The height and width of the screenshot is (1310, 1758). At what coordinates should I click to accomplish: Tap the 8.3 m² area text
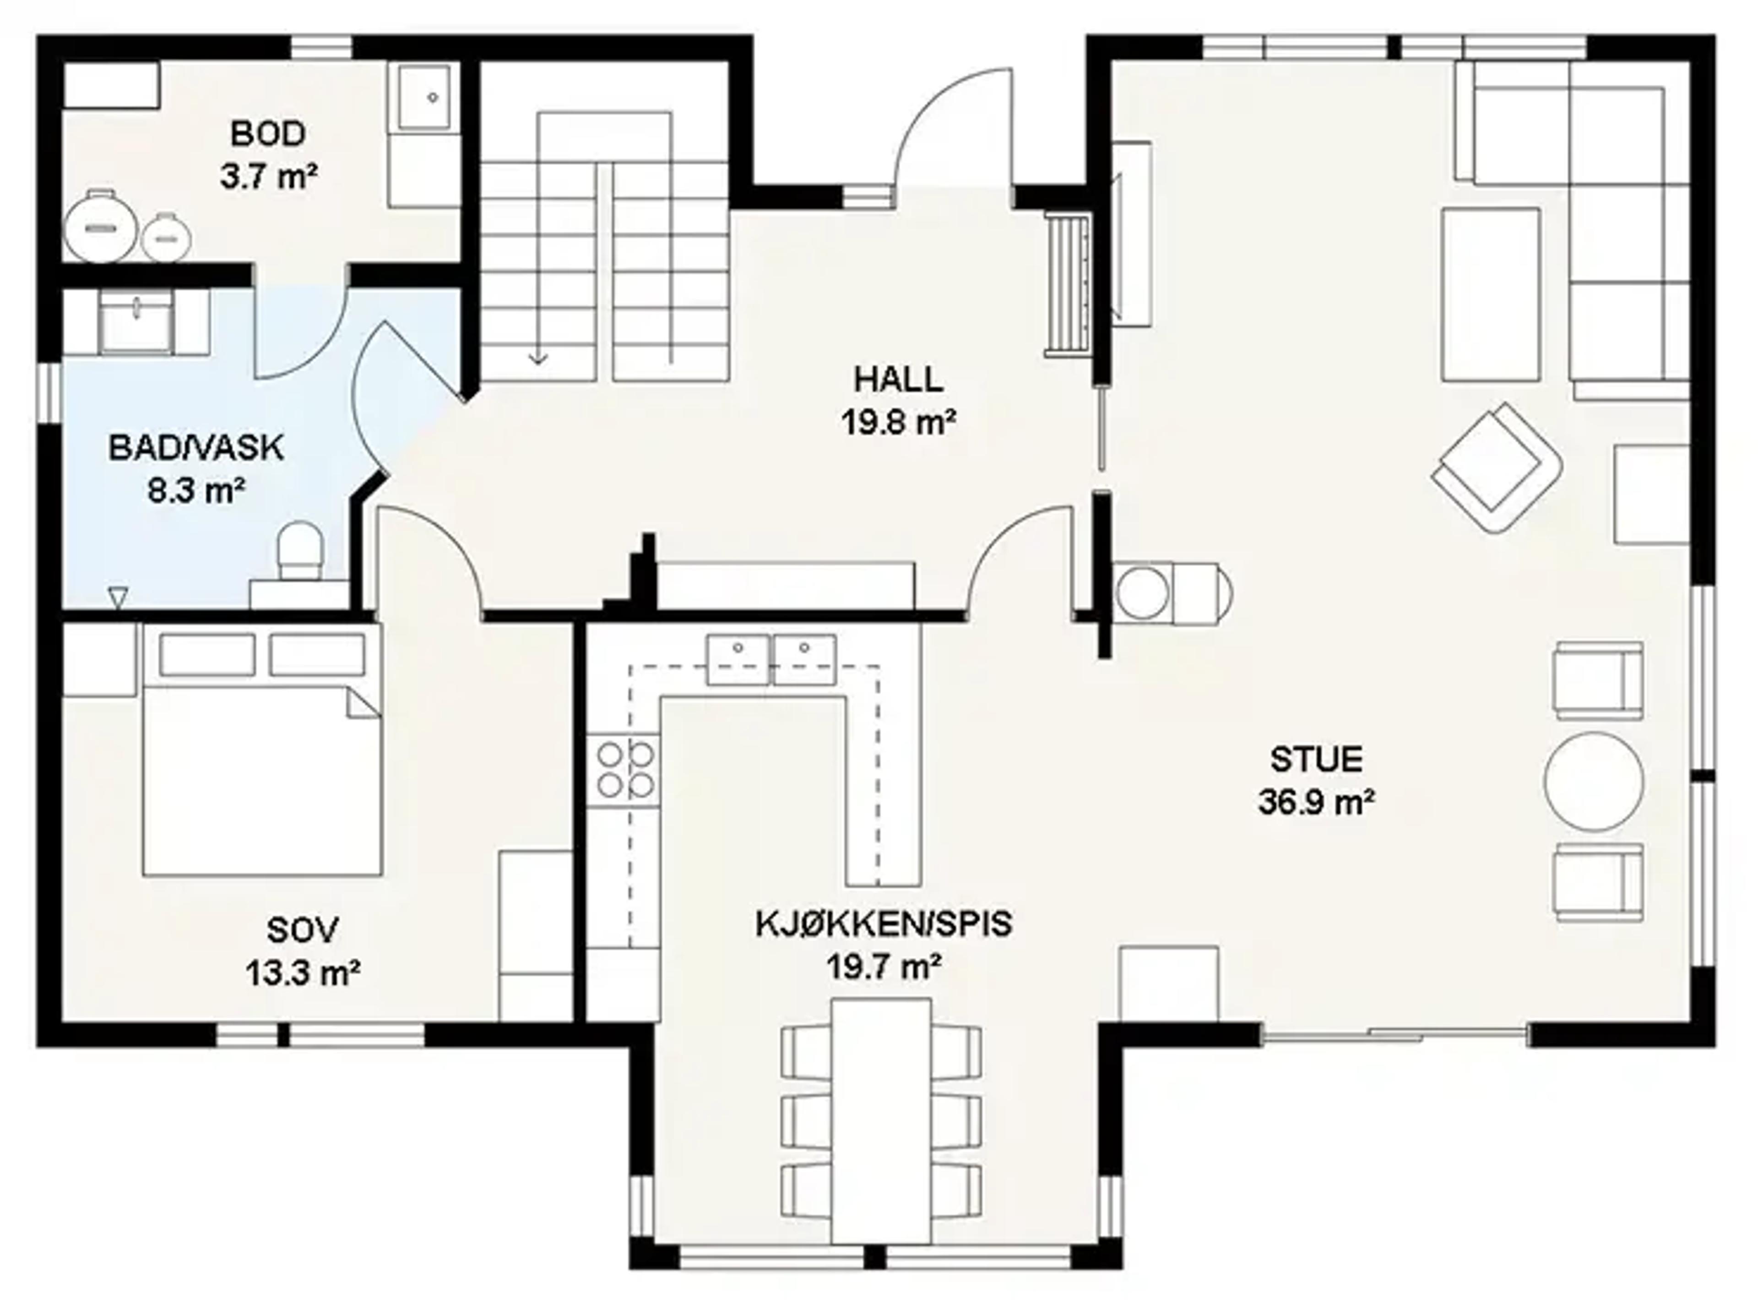[x=195, y=491]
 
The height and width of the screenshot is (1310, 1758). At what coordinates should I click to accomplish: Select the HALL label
[x=898, y=380]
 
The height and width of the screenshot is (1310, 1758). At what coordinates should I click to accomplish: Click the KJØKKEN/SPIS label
[x=884, y=924]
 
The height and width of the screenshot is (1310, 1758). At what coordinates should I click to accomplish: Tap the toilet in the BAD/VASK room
[x=300, y=549]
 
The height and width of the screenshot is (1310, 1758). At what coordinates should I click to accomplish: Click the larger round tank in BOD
[x=100, y=227]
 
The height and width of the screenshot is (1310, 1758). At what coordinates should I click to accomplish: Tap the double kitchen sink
[x=771, y=659]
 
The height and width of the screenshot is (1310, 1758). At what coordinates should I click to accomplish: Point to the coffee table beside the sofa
[x=1491, y=294]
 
